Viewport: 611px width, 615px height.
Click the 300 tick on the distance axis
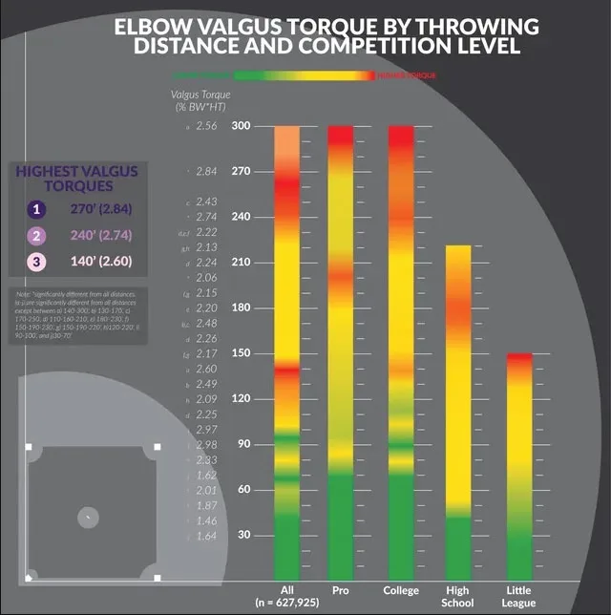241,126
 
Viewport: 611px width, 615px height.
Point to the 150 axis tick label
241,353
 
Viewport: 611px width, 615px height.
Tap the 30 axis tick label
243,535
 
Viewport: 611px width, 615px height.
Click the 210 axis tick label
241,263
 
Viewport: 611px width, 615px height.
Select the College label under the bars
401,590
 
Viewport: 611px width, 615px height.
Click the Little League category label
519,596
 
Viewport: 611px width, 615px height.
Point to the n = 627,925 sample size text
286,603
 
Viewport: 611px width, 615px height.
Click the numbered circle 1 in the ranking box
36,209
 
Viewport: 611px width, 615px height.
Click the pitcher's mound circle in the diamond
87,517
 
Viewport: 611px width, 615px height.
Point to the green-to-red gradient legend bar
304,74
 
